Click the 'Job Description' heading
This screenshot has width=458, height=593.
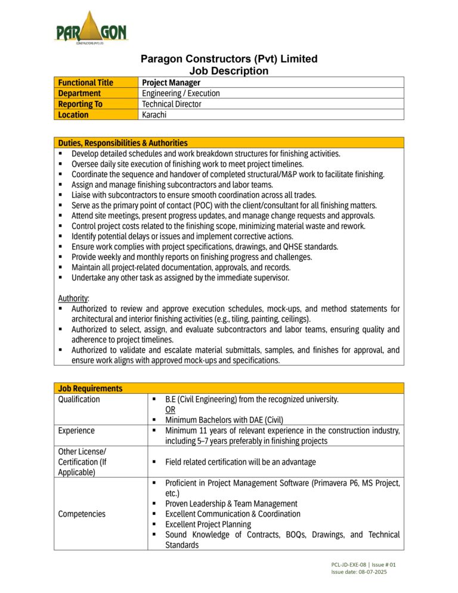(x=229, y=71)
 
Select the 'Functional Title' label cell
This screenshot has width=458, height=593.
(x=85, y=82)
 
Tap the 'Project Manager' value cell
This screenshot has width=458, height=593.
(x=171, y=82)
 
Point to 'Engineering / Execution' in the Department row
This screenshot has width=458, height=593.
(x=181, y=93)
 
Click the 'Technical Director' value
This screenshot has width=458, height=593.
(x=172, y=104)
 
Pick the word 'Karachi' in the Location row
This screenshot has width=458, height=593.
(x=154, y=115)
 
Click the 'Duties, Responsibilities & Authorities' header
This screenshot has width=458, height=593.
(x=123, y=143)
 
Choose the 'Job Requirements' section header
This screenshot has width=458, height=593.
(x=90, y=388)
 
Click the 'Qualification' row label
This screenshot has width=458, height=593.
(x=79, y=399)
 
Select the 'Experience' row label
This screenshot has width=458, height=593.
(x=75, y=430)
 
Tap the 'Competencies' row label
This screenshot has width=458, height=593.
(x=82, y=514)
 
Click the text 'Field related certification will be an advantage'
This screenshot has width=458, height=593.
(x=240, y=462)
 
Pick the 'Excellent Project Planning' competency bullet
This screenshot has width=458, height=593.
(x=208, y=524)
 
